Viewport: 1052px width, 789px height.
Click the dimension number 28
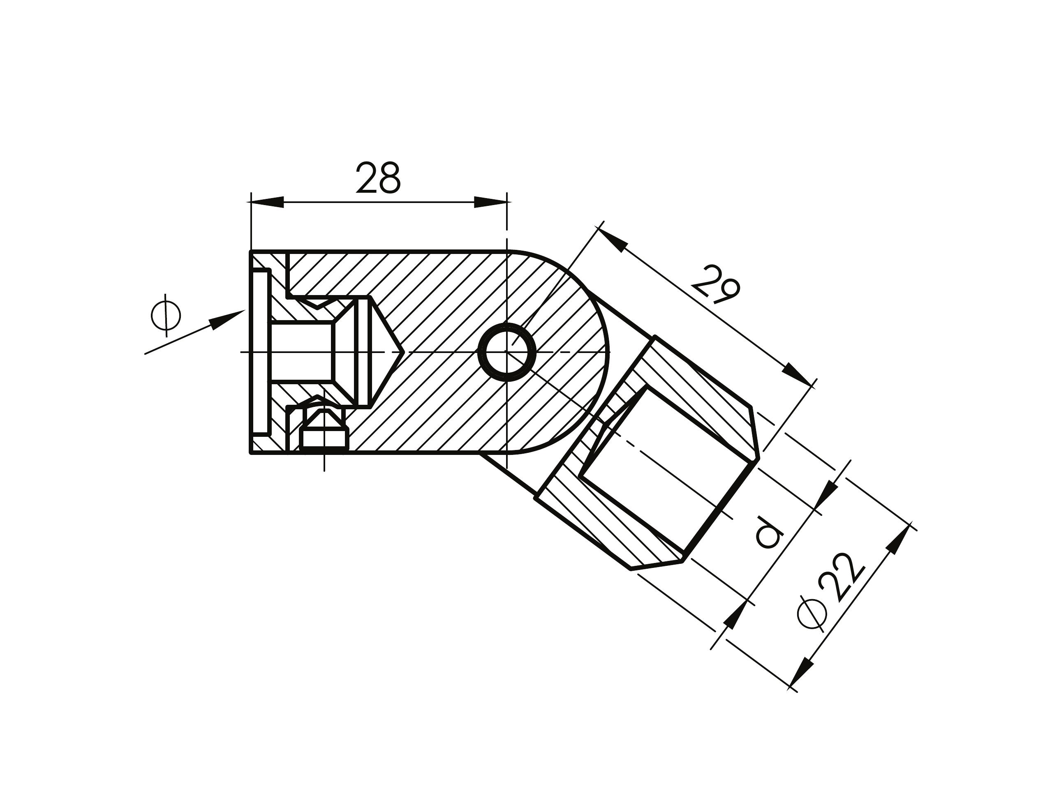(379, 178)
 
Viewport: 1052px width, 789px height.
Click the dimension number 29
(716, 285)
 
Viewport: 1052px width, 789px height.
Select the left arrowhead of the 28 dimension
(267, 202)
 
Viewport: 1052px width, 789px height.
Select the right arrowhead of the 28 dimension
(490, 202)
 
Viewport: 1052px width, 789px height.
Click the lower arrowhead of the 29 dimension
(797, 376)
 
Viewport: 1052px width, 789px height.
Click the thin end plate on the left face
(260, 352)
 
